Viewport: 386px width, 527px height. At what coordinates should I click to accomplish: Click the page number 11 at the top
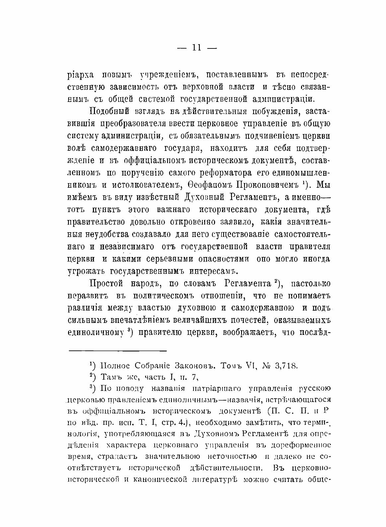(197, 47)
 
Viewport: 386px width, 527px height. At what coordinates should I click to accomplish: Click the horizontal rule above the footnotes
(117, 350)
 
